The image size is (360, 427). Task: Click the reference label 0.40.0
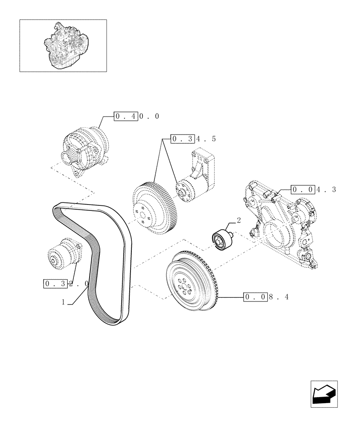point(136,116)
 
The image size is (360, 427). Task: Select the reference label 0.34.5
point(193,139)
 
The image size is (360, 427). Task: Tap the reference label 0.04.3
point(314,189)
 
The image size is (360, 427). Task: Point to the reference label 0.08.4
point(266,297)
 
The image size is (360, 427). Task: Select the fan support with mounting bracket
point(196,179)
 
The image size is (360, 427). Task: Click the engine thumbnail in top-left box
point(63,46)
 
